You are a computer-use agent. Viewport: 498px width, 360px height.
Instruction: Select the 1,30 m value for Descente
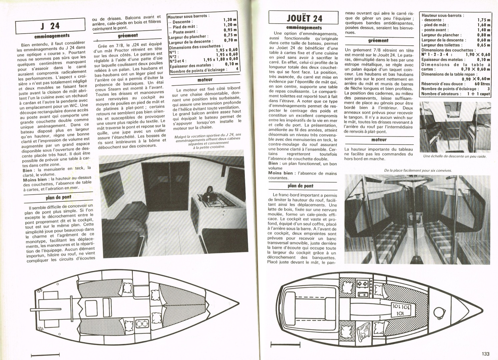tap(230, 20)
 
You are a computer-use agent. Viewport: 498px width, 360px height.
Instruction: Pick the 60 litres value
tap(482, 84)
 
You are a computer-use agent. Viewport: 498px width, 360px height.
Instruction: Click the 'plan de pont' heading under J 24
tap(58, 197)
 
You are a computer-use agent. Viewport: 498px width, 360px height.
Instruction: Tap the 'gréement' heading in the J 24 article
tap(128, 35)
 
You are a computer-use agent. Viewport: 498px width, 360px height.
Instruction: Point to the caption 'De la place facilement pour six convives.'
tap(418, 171)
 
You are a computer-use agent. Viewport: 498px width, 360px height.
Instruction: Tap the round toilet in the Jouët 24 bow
tap(442, 312)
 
